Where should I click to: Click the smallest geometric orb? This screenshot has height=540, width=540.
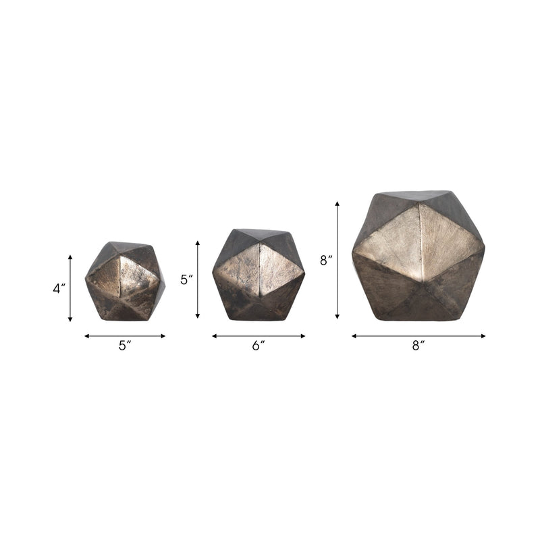click(125, 281)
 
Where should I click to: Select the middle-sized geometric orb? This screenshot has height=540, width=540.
click(259, 274)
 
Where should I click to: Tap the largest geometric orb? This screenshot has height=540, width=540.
click(418, 256)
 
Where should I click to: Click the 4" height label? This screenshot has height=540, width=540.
click(59, 288)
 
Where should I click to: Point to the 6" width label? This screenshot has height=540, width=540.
click(259, 346)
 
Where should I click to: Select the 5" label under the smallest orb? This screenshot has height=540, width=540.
click(125, 346)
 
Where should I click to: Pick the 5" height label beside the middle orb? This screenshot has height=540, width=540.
click(187, 279)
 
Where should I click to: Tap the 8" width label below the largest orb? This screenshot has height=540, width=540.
click(418, 346)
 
